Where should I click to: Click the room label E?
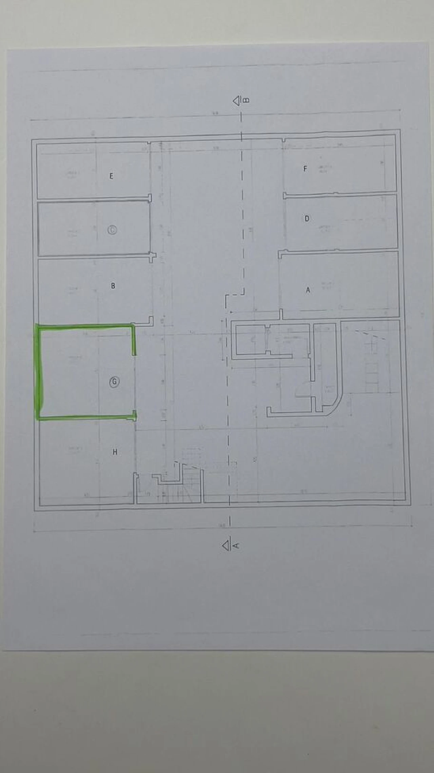(111, 176)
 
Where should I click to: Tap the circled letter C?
(112, 230)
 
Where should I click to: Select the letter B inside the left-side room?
(113, 286)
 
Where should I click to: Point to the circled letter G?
(114, 382)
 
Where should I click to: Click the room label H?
(115, 452)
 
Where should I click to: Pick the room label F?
(305, 168)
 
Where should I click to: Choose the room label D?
(307, 218)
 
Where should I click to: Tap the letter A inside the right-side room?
(308, 290)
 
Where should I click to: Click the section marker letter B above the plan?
(246, 100)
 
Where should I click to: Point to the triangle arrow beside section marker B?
(236, 101)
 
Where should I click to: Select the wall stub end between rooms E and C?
(150, 198)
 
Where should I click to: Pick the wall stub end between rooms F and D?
(285, 195)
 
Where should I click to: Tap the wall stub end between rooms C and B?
(153, 257)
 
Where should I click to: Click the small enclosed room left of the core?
(251, 340)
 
